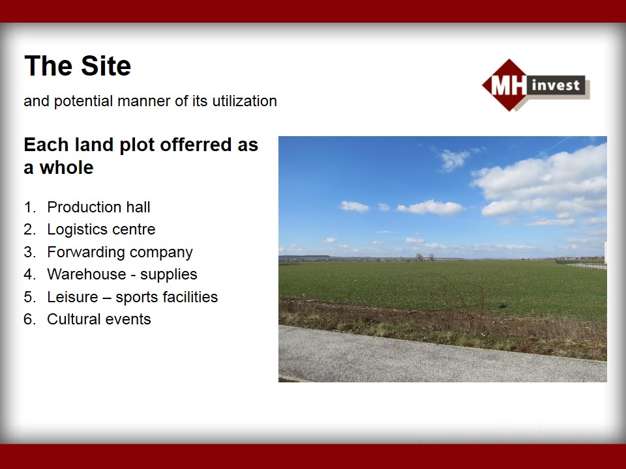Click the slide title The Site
[78, 66]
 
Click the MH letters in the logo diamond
[508, 85]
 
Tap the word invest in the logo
[556, 85]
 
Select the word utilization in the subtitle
[245, 101]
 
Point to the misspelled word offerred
[196, 145]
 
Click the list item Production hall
[98, 207]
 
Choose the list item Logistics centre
[101, 229]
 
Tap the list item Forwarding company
[120, 253]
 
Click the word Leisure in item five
[72, 297]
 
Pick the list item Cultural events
[99, 319]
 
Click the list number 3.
[29, 252]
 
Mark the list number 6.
[29, 319]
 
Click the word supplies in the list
[168, 275]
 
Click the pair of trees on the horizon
[425, 257]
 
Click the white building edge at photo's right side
[605, 252]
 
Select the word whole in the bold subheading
[67, 167]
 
